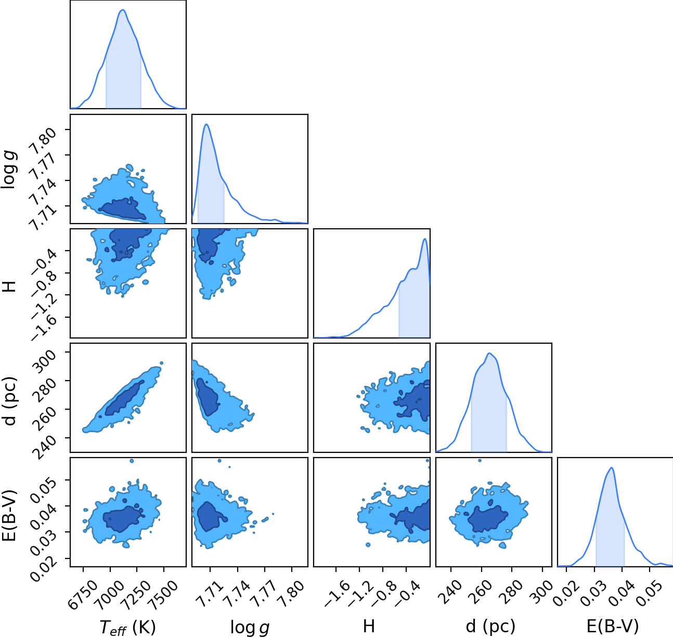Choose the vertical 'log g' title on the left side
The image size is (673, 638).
point(9,170)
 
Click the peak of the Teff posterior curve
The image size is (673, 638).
point(123,10)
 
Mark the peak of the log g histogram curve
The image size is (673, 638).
point(206,124)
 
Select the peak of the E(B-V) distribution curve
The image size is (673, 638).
point(612,468)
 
